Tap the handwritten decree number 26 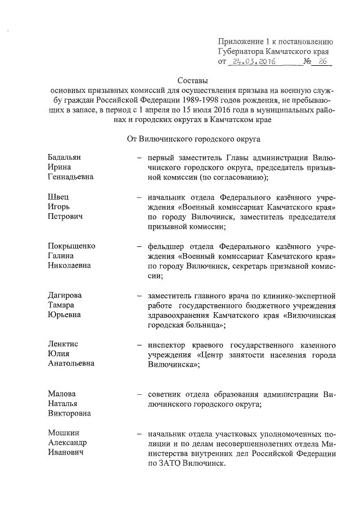pos(322,62)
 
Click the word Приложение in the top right pos(240,41)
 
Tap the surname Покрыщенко pos(71,246)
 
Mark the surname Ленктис pos(63,344)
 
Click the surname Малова pos(61,393)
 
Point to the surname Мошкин pos(63,434)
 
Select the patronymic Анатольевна pos(71,363)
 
